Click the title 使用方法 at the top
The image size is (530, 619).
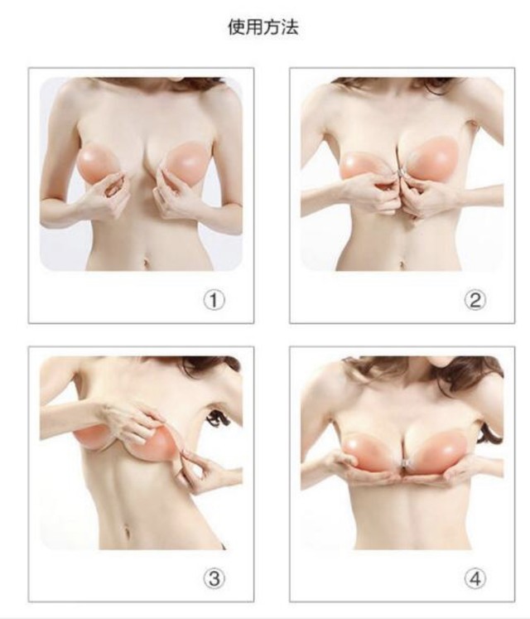[263, 27]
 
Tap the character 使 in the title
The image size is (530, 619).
[236, 27]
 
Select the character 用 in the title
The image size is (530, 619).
[254, 27]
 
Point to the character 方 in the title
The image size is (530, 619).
[272, 27]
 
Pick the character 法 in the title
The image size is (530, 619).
[290, 27]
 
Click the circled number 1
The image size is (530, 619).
[214, 301]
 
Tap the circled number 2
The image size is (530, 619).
[475, 301]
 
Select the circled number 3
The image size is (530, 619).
[214, 578]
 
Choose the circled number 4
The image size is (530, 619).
[475, 578]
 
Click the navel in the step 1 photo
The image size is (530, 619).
[147, 262]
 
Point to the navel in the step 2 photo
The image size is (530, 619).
[402, 264]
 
